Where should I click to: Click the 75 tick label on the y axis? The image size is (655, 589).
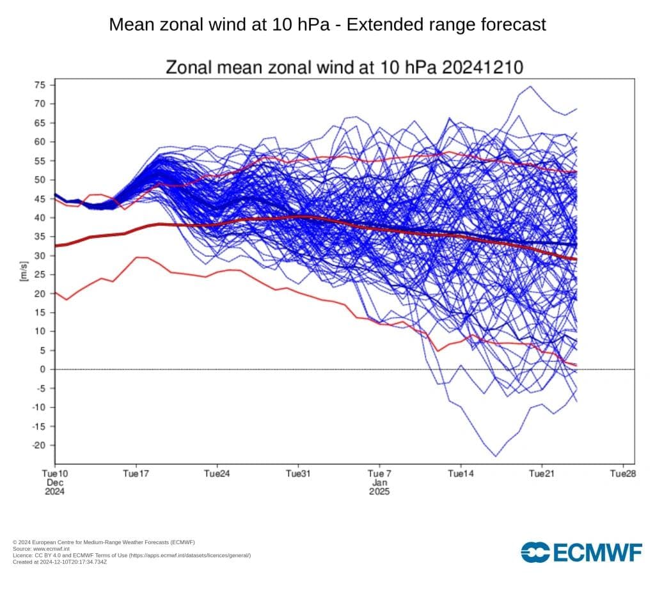click(x=40, y=85)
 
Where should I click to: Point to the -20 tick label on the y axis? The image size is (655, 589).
click(x=38, y=445)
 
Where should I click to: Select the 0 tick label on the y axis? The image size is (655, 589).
click(x=43, y=369)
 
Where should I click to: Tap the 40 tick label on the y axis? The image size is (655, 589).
click(x=40, y=217)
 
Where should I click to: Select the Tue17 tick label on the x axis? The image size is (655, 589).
click(x=136, y=474)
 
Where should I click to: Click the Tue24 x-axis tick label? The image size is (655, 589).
click(x=217, y=474)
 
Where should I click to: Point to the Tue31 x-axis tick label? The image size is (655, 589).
click(x=298, y=474)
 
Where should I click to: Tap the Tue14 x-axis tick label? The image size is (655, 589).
click(x=461, y=474)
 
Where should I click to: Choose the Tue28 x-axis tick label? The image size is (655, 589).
click(x=623, y=474)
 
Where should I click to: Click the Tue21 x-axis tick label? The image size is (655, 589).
click(x=542, y=474)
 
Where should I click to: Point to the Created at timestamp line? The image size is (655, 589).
click(x=59, y=562)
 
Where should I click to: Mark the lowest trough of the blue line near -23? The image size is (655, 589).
click(x=496, y=456)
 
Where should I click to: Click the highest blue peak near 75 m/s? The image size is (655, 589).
click(x=530, y=86)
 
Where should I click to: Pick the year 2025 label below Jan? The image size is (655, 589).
click(x=379, y=492)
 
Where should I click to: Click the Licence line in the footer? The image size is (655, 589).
click(x=131, y=555)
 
